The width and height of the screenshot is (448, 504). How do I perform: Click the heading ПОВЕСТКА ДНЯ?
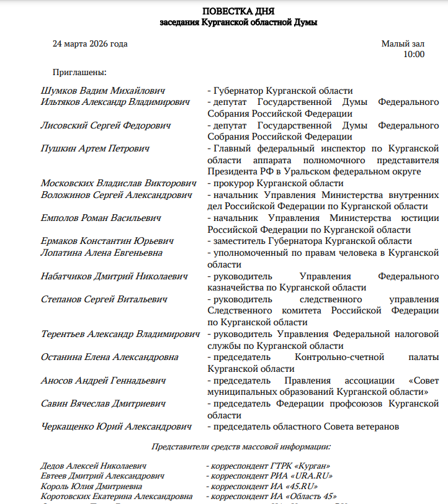pos(238,11)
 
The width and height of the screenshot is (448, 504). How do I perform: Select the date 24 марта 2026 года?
pos(90,44)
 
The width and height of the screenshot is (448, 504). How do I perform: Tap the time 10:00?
pos(414,55)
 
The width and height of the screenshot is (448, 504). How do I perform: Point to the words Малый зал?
pos(403,44)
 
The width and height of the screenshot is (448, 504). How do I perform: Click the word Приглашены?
pos(80,73)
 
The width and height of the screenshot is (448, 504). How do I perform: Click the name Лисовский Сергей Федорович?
pos(105,125)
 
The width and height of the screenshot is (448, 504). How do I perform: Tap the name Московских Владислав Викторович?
pos(119,183)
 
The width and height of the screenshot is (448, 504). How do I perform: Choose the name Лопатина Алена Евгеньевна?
pos(102,253)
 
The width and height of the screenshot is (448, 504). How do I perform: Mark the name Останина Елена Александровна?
pos(109,357)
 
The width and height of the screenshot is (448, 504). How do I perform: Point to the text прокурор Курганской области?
pos(278,183)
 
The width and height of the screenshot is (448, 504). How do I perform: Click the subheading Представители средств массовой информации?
pos(241,446)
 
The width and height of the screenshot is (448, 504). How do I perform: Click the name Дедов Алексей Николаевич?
pos(93,466)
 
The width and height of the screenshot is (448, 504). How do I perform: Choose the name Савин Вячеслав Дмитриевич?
pos(103,403)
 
